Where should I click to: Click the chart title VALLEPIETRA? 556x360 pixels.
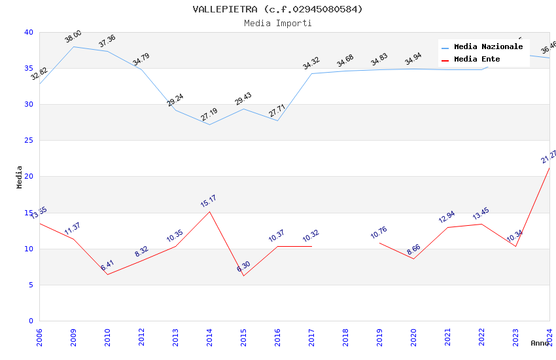(277, 9)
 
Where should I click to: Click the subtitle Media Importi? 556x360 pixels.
(277, 23)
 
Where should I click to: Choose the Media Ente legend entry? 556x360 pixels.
(477, 60)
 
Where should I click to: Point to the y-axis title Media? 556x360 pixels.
(19, 177)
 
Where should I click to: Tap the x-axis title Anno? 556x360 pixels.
(540, 343)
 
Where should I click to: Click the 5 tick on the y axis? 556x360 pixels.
(31, 285)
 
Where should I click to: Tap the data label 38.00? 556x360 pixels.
(73, 37)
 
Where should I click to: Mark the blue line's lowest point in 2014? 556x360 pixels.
(209, 124)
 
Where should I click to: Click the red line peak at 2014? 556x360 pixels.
(209, 211)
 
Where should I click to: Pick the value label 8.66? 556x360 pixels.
(413, 249)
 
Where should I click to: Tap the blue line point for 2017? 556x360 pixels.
(311, 73)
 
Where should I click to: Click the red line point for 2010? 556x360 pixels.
(107, 274)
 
